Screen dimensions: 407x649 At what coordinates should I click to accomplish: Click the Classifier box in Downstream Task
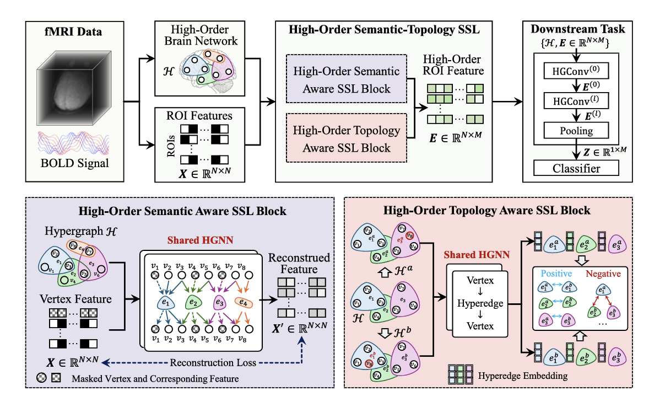click(576, 167)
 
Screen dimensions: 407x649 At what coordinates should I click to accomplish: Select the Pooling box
click(576, 131)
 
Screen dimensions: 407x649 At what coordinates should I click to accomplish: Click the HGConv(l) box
click(576, 101)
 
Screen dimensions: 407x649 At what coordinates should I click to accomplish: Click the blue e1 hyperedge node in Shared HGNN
click(164, 303)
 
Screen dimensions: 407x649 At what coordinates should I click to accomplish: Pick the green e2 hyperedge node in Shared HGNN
click(192, 303)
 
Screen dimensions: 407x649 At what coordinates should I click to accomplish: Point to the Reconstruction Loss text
click(205, 363)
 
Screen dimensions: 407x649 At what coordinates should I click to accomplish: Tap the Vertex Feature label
click(75, 299)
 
